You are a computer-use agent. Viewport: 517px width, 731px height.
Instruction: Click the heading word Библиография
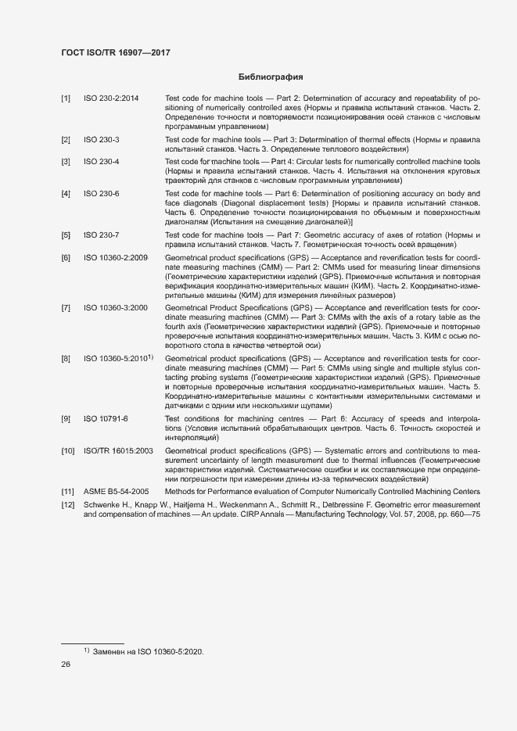pos(270,77)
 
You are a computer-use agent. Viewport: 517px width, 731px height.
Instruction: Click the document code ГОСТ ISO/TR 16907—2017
pos(116,52)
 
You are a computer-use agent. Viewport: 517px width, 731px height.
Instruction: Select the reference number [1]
pos(66,98)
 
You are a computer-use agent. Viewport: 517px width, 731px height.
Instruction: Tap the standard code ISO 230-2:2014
pos(111,98)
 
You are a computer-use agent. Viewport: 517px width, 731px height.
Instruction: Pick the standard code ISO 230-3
pos(102,139)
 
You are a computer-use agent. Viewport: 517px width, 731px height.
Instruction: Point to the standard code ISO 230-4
pos(102,162)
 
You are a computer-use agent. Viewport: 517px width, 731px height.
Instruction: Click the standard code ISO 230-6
pos(102,193)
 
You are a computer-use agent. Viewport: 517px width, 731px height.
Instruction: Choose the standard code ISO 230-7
pos(102,235)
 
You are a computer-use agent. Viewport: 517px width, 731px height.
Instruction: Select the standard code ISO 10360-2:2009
pos(116,257)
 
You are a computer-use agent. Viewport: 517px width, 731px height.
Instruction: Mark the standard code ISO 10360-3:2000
pos(116,308)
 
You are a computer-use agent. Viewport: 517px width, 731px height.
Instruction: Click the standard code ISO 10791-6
pos(106,419)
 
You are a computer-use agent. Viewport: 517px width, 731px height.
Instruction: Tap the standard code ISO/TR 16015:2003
pos(118,451)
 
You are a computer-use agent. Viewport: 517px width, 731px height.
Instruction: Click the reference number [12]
pos(68,506)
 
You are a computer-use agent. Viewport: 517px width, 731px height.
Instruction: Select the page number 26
pos(66,665)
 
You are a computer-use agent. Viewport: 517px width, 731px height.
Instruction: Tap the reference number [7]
pos(66,308)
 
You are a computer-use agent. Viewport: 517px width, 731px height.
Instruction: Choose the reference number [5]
pos(66,235)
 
